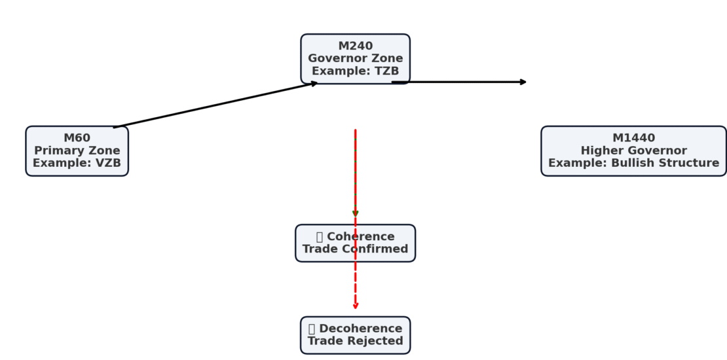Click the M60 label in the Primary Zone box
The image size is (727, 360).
point(77,138)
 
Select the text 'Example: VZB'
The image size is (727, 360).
point(77,163)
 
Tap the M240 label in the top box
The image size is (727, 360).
point(355,46)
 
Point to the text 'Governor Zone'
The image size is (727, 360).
point(355,58)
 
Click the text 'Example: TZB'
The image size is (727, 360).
point(355,71)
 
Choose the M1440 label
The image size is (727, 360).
point(633,138)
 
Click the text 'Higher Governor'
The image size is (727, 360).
point(633,151)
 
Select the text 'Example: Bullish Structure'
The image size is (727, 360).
point(633,163)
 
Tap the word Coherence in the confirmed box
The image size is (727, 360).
point(360,236)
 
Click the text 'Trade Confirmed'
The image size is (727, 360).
point(355,249)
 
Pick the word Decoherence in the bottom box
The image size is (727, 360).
point(360,329)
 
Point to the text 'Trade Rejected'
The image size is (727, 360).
point(355,341)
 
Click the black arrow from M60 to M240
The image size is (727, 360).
point(216,105)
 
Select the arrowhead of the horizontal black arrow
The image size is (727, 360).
point(523,82)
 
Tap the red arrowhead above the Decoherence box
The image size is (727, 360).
point(355,306)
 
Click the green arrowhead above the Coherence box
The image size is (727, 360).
point(355,213)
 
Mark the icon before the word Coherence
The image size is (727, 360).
point(320,236)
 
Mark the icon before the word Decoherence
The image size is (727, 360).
point(312,329)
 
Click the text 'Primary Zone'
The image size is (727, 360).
point(77,151)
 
